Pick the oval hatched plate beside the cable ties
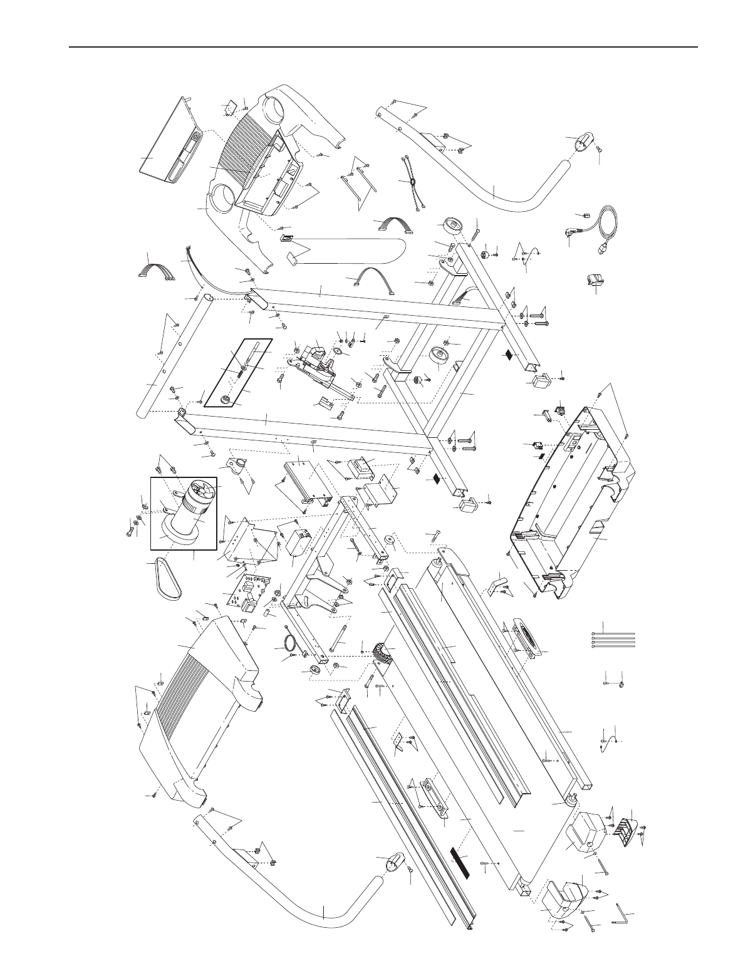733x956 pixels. point(529,639)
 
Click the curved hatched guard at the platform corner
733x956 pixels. point(382,657)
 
